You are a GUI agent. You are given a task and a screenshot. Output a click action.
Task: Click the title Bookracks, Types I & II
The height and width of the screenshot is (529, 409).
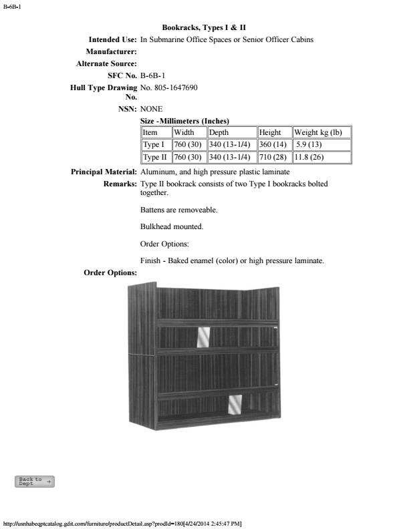(x=204, y=27)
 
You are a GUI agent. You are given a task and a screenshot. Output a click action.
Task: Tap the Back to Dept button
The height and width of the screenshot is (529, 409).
(x=34, y=482)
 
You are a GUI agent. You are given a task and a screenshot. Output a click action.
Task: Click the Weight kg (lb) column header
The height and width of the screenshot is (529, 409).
(x=322, y=132)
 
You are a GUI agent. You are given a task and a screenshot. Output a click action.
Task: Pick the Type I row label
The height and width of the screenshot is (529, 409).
(x=154, y=144)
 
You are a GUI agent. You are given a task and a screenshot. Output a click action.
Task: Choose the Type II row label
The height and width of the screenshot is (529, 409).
(x=155, y=157)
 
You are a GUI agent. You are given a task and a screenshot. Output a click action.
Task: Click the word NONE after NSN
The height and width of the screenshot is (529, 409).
(x=152, y=108)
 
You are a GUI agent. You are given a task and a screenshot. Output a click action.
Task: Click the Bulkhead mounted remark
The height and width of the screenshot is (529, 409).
(x=172, y=226)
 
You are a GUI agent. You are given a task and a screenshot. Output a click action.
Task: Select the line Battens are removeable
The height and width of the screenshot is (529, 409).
(x=178, y=210)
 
